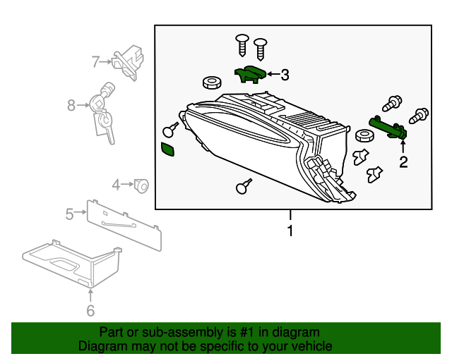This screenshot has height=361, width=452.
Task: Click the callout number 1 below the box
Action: point(289,231)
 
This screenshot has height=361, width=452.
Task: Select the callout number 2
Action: point(403,163)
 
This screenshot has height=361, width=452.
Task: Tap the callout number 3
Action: point(284,74)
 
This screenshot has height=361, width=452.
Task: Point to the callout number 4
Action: point(117,185)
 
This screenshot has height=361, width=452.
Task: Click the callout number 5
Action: point(69,213)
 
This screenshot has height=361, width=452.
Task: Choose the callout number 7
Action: point(96,61)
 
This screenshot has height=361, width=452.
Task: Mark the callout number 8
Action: point(71,106)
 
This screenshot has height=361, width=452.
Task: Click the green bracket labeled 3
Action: point(249,73)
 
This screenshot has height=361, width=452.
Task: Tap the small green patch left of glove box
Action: point(169,149)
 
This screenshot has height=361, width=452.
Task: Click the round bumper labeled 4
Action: point(141,185)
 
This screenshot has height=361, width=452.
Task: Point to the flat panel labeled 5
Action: point(124,223)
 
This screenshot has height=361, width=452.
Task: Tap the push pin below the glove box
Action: point(244,188)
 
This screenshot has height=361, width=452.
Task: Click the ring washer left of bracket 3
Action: point(210,83)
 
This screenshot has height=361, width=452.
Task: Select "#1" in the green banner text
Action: point(244,332)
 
